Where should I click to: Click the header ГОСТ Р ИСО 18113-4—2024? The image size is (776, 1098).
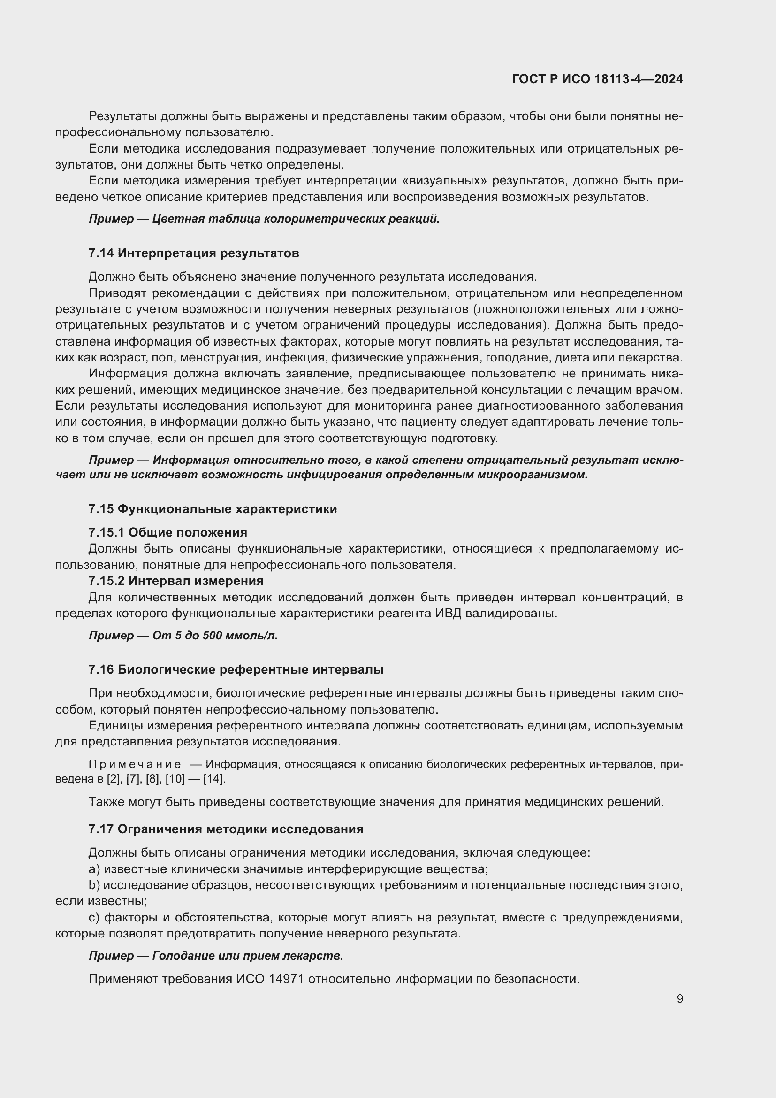click(597, 79)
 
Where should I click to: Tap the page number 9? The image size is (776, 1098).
click(679, 999)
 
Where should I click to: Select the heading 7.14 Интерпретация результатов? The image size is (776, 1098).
click(193, 253)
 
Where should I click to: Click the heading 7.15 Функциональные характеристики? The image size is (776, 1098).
click(213, 509)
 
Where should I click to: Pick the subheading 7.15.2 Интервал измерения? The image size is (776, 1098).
click(176, 581)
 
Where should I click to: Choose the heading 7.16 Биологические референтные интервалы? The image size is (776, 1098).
click(236, 669)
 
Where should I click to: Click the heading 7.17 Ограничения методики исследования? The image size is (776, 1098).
click(226, 829)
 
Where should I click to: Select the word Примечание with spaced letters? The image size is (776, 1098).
click(135, 764)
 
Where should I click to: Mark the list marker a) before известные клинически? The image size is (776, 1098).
click(94, 869)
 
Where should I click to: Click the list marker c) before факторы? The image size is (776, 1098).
click(94, 918)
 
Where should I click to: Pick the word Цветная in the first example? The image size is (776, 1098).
click(172, 219)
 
